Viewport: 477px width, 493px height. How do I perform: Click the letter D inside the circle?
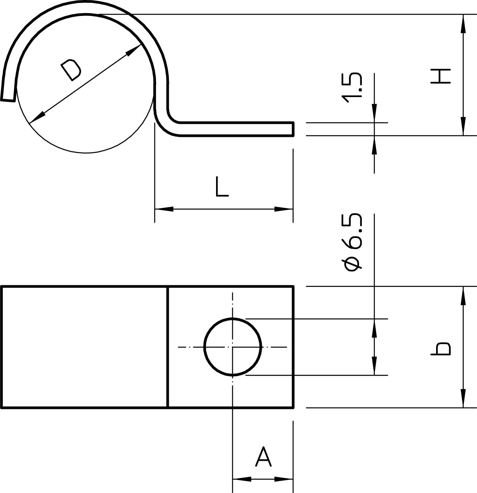point(71,70)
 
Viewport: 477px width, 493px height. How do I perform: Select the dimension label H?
point(440,76)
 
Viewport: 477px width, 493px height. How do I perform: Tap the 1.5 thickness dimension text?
point(351,88)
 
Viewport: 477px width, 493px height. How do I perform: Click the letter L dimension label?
point(222,187)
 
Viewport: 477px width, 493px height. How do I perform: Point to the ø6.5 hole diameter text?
point(351,242)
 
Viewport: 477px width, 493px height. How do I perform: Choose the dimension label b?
point(440,349)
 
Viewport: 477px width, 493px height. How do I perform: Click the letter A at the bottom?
point(263,456)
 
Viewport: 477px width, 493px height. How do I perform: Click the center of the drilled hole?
point(233,347)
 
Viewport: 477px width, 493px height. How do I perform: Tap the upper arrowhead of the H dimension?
point(463,23)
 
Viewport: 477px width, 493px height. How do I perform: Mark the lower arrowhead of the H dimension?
point(463,127)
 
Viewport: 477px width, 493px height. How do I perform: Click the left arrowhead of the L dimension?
point(164,209)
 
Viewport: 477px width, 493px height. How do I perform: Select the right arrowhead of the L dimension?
point(284,209)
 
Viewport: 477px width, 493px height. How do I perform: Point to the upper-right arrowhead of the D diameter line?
point(133,50)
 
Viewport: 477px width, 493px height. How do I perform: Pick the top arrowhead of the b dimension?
point(463,296)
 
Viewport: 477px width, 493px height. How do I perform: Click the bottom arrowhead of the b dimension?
point(463,399)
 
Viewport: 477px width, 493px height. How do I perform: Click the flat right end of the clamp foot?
point(294,129)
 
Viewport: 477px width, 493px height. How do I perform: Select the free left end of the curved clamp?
point(8,100)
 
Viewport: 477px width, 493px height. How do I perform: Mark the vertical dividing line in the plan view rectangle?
point(168,347)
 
